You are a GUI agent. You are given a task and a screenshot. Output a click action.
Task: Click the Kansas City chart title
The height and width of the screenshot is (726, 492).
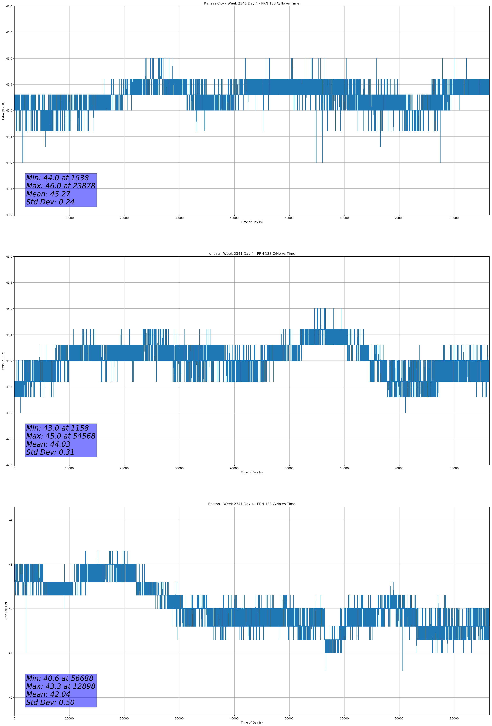click(x=252, y=3)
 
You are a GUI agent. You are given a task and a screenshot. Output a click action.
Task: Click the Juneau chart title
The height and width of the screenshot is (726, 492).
click(x=252, y=254)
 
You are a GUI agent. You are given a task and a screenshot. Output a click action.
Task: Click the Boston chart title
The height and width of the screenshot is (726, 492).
click(x=252, y=504)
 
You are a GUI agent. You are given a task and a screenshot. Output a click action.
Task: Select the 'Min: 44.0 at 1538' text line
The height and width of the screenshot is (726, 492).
click(x=57, y=178)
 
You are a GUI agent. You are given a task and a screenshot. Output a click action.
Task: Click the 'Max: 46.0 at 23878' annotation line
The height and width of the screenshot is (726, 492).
click(x=60, y=186)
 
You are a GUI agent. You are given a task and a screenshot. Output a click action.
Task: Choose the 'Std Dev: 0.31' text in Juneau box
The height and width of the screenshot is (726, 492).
click(x=50, y=452)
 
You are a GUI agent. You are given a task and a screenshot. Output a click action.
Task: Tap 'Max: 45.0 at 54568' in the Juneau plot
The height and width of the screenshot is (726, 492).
click(x=60, y=436)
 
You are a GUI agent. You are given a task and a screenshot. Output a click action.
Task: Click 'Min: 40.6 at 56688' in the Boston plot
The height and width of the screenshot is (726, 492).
click(x=60, y=678)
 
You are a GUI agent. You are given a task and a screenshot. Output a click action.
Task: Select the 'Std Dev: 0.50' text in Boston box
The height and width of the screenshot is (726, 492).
click(x=50, y=702)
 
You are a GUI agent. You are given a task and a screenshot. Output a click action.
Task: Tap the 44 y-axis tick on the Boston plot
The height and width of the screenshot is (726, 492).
click(x=11, y=520)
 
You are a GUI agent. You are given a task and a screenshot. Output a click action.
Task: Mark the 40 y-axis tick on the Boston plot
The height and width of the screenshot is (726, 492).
click(x=11, y=698)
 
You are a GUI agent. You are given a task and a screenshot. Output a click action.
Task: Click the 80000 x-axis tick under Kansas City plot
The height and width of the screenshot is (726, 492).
click(x=454, y=218)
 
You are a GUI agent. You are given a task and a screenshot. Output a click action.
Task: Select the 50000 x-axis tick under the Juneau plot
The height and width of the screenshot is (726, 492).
click(x=289, y=468)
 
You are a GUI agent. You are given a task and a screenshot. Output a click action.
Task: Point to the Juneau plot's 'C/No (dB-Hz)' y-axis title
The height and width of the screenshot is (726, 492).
click(x=3, y=361)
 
